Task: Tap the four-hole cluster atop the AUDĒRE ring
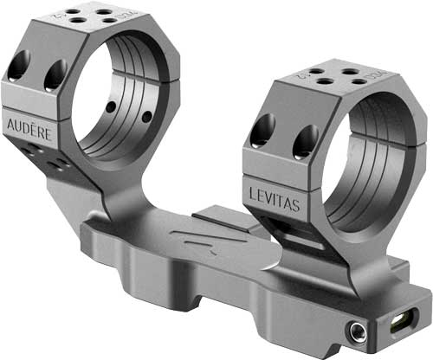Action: click(x=87, y=16)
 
